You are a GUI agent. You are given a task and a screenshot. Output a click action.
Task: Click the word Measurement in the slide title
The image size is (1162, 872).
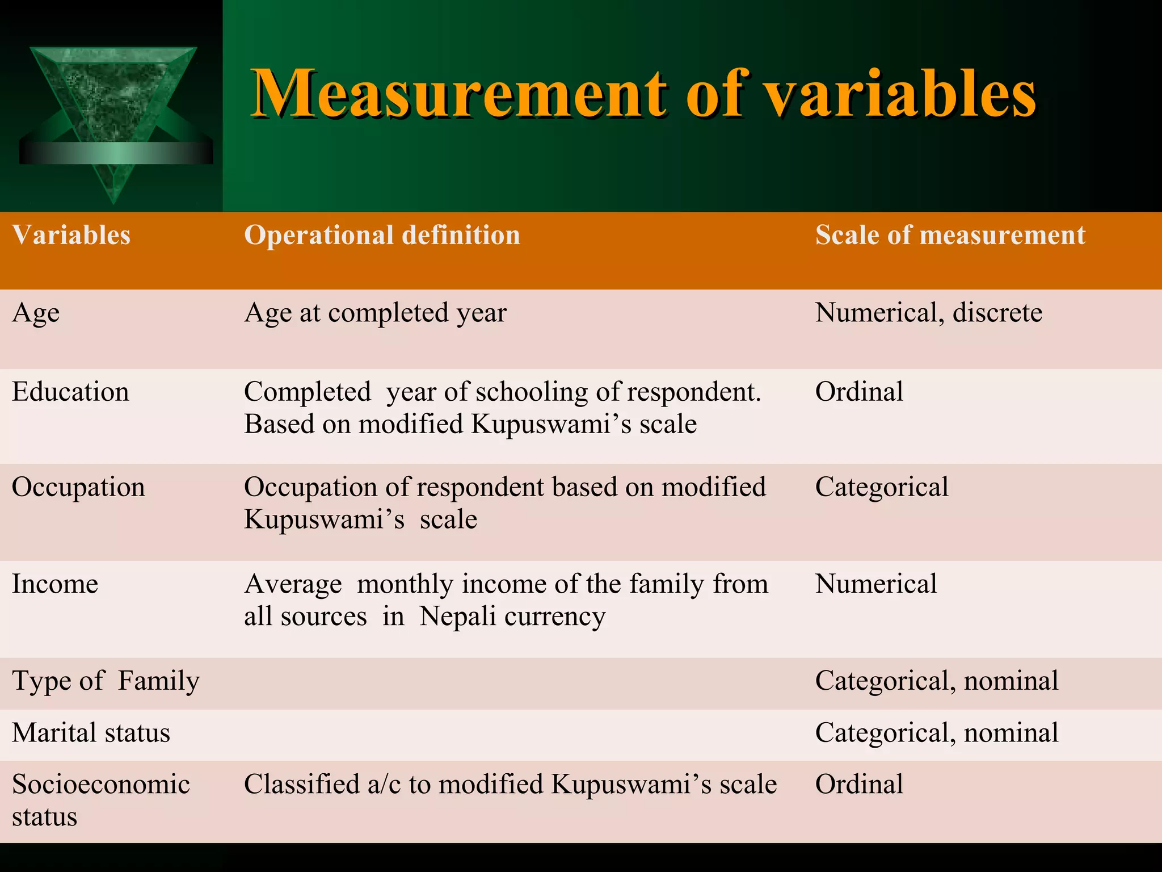[x=460, y=94]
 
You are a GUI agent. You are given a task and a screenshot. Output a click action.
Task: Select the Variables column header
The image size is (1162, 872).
[x=71, y=235]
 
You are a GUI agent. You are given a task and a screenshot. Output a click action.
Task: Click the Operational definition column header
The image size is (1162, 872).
[x=382, y=235]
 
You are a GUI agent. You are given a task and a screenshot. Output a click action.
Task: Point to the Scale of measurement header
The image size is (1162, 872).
[x=950, y=235]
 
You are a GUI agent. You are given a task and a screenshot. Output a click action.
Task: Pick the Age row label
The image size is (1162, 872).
[x=36, y=313]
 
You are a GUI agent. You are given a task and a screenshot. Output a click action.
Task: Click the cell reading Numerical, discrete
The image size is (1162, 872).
[x=928, y=313]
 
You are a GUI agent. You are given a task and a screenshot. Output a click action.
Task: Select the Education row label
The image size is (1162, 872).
[x=70, y=392]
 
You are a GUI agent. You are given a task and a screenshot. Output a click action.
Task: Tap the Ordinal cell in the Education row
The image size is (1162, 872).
[x=859, y=392]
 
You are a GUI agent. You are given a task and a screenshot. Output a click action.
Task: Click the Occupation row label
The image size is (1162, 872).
[x=78, y=487]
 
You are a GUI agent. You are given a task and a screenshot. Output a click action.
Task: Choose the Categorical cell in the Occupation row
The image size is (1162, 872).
[x=882, y=487]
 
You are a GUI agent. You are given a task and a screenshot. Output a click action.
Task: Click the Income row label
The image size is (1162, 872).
[x=55, y=584]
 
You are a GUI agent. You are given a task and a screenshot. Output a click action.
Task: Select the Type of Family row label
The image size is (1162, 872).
[x=106, y=681]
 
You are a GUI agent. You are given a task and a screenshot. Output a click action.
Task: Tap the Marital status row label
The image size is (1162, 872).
[x=91, y=733]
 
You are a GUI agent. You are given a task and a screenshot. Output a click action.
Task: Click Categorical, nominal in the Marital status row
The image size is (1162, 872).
[x=936, y=733]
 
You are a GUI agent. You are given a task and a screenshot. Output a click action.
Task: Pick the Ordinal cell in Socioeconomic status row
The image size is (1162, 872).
[x=859, y=785]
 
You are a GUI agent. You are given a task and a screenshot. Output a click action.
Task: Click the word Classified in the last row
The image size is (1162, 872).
[x=302, y=785]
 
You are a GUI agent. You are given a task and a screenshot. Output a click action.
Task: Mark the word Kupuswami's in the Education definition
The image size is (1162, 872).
[x=551, y=424]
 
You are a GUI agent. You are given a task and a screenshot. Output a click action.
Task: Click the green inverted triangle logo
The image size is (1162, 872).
[x=113, y=108]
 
